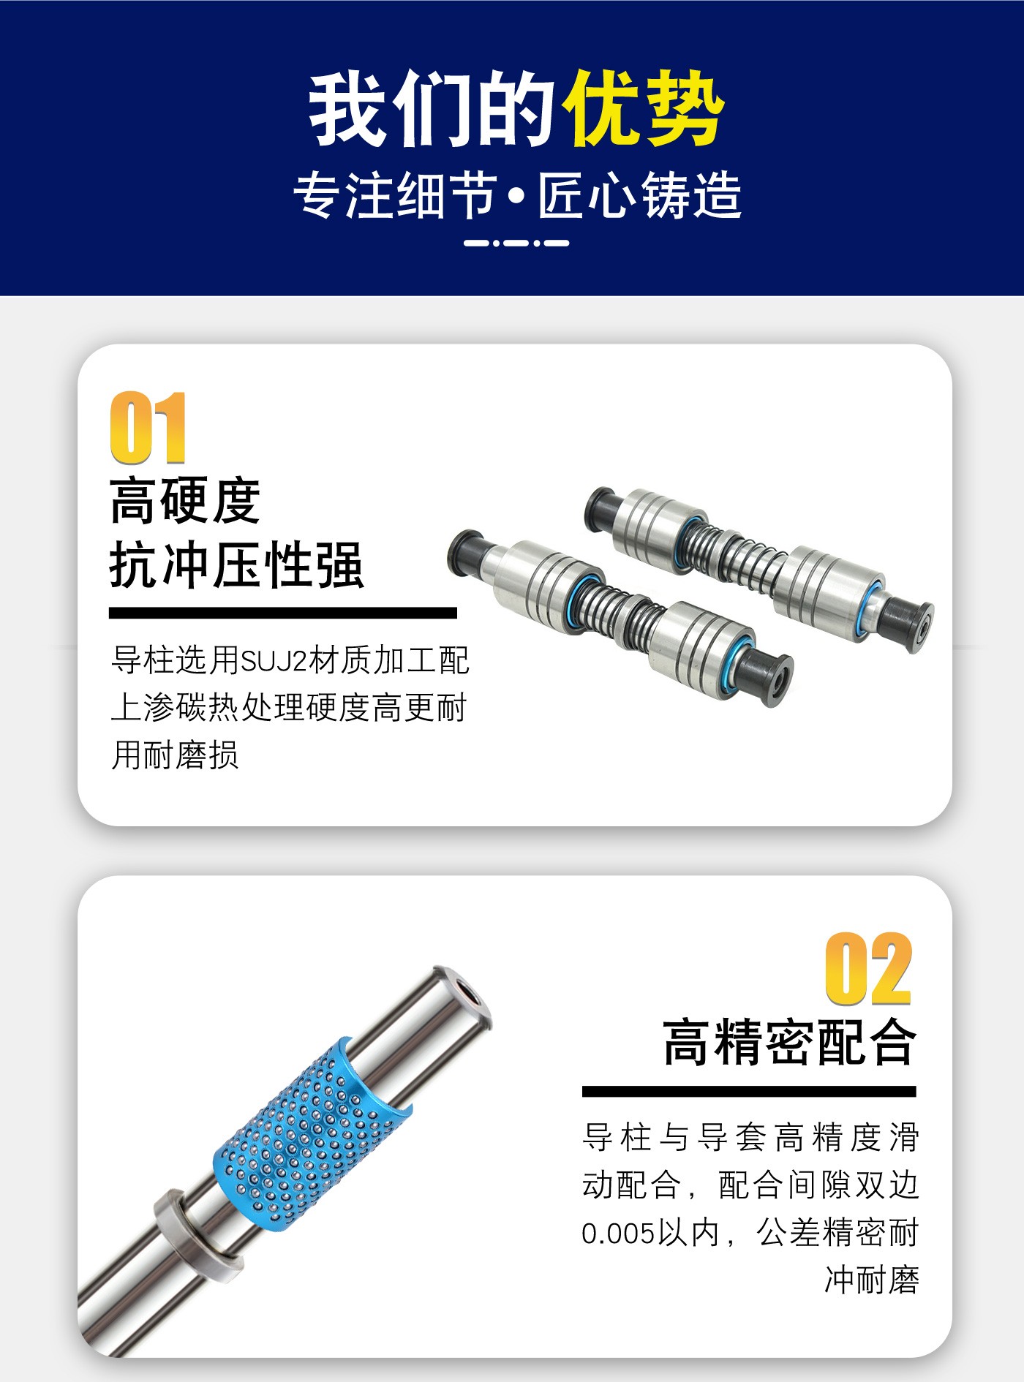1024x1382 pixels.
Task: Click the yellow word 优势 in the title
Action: (x=644, y=108)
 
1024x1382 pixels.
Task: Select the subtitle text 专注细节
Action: (x=396, y=196)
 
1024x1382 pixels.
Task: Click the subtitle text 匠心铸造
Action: (x=640, y=196)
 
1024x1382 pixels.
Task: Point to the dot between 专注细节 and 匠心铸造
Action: (x=518, y=197)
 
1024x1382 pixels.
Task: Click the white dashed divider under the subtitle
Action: (x=516, y=243)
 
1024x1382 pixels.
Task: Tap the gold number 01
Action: (x=148, y=427)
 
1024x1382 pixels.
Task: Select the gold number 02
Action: (x=869, y=969)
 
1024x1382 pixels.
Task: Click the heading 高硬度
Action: (x=185, y=502)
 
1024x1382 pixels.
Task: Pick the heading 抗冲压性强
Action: (x=237, y=565)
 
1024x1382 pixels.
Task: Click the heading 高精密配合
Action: (x=789, y=1042)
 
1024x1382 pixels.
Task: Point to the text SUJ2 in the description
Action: (x=274, y=661)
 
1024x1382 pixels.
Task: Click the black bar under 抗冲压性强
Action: (x=283, y=613)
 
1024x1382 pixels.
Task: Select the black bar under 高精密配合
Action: (x=749, y=1092)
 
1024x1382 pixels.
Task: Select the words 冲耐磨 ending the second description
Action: (x=872, y=1280)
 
